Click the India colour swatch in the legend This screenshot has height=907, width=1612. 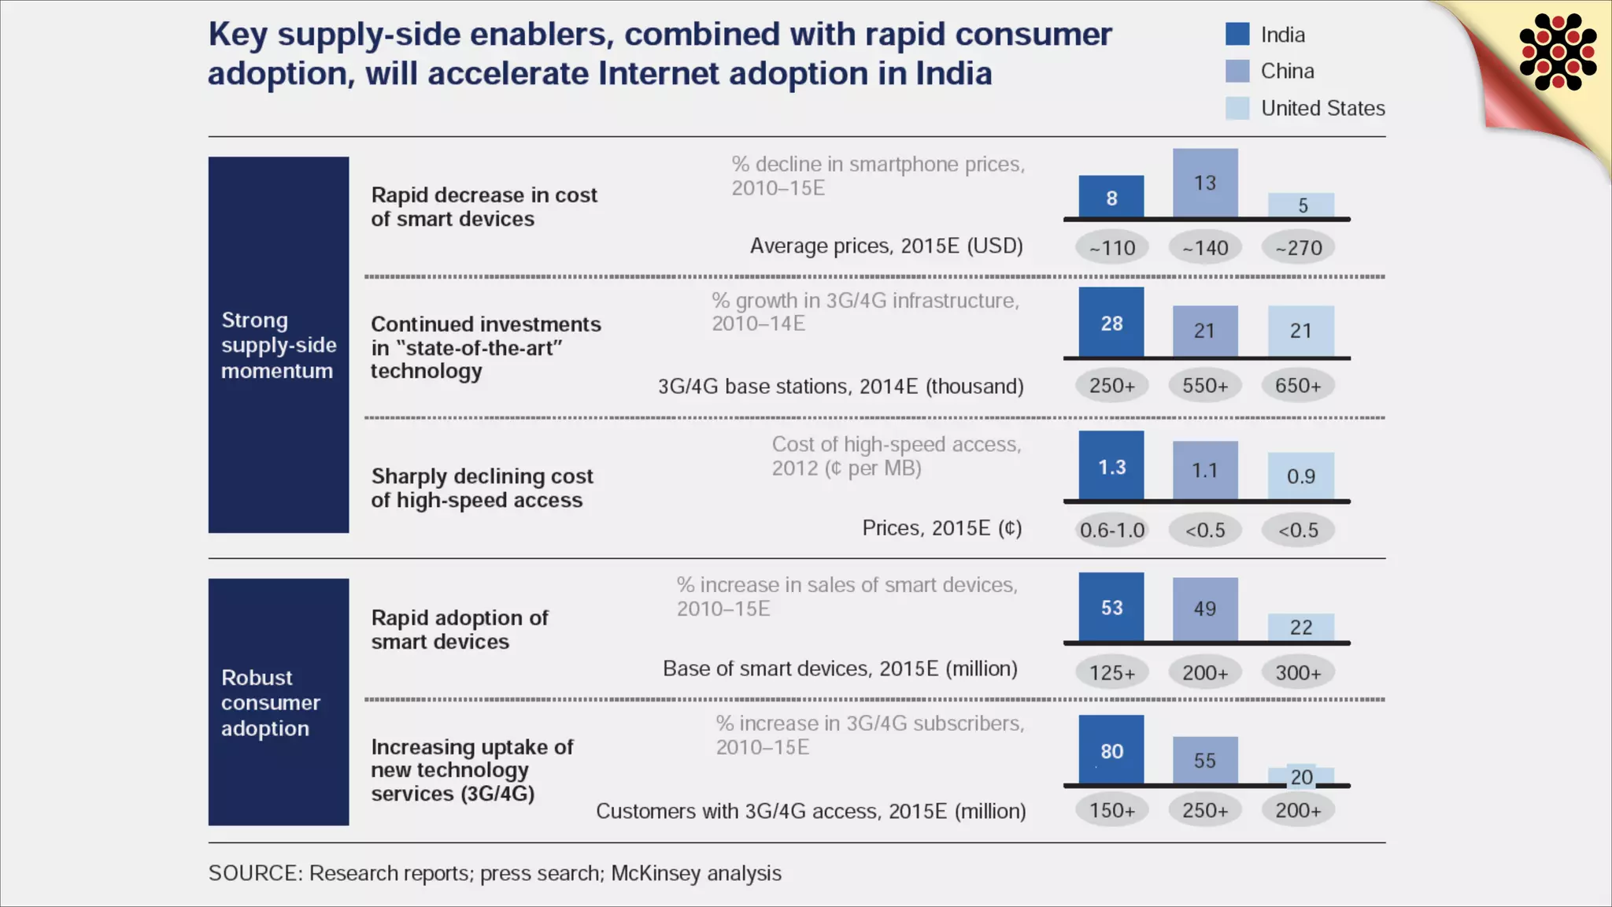click(1237, 34)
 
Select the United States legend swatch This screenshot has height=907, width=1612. click(1237, 108)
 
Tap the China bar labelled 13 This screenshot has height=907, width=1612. click(1205, 183)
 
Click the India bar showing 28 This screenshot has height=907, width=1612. click(1111, 323)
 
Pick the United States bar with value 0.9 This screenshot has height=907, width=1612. click(1301, 476)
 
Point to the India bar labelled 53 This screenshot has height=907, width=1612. click(1111, 607)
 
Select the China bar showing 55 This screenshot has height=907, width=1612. click(1205, 760)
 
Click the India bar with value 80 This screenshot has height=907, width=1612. click(1111, 750)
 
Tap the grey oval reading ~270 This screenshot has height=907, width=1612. click(1299, 248)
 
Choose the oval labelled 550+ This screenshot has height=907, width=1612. click(1205, 386)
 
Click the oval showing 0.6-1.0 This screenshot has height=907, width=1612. click(1112, 530)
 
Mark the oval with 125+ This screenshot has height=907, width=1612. click(1112, 673)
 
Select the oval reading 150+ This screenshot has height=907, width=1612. click(1112, 810)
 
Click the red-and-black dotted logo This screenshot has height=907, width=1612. click(1558, 52)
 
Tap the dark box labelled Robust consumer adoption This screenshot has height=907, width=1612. click(279, 702)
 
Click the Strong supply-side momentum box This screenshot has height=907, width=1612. click(279, 345)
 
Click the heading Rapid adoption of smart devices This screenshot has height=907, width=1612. click(460, 630)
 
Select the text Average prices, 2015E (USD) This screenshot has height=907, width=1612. click(886, 246)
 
